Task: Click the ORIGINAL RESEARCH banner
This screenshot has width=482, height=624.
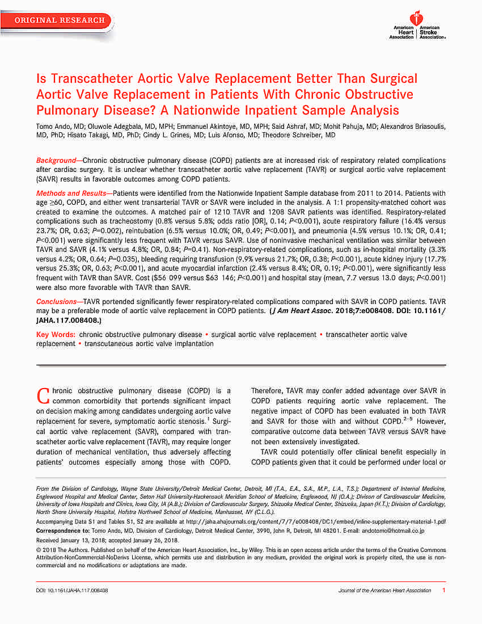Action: (60, 20)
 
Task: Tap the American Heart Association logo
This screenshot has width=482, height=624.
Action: (417, 25)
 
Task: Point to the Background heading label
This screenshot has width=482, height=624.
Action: (56, 161)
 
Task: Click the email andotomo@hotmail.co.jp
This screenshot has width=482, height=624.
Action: (393, 531)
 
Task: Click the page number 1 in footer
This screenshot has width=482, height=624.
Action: (443, 591)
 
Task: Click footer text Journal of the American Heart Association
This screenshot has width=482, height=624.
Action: (384, 591)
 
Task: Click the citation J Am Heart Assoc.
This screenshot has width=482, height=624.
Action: (301, 311)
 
